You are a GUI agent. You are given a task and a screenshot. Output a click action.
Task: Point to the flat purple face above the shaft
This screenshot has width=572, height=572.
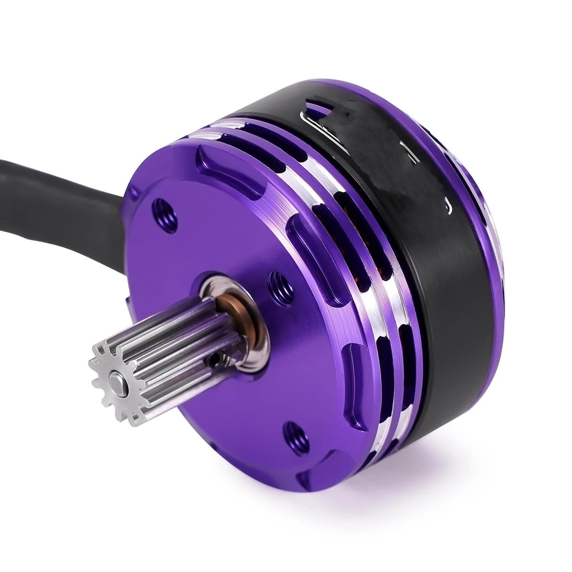click(214, 229)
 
